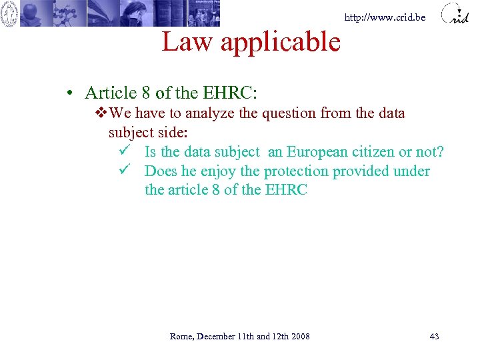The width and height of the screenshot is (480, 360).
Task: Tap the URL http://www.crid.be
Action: click(x=385, y=18)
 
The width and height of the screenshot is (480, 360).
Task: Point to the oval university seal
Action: click(x=9, y=13)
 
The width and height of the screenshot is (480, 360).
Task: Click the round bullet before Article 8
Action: click(x=69, y=93)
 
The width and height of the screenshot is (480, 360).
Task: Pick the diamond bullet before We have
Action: click(x=101, y=113)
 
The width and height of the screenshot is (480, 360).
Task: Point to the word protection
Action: click(x=296, y=171)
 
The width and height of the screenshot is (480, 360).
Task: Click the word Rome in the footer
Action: click(x=181, y=336)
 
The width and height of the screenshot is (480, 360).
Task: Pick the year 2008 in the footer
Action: click(x=300, y=336)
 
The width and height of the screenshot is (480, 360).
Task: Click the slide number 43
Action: click(x=434, y=336)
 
